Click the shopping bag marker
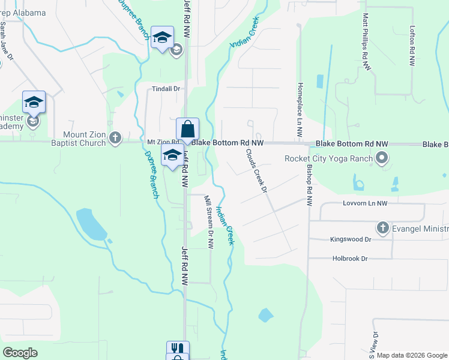[x=187, y=129]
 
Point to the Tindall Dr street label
[x=166, y=89]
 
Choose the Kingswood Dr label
[x=351, y=239]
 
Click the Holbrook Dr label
[x=349, y=259]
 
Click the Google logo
[x=20, y=353]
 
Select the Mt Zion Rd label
[x=160, y=142]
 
